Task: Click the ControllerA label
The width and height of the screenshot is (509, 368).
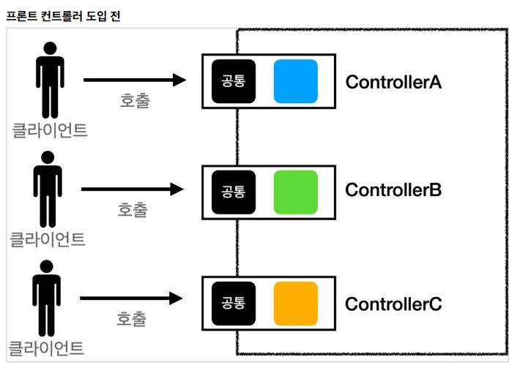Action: [393, 82]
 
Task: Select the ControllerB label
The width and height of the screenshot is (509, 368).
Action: [393, 190]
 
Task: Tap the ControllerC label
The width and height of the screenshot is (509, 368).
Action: [393, 304]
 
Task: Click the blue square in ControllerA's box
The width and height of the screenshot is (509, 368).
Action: [296, 81]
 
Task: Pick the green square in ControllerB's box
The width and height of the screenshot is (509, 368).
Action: [296, 192]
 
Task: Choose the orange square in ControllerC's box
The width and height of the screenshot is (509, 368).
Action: [296, 304]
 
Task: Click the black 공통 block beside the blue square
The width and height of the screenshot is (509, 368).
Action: [234, 81]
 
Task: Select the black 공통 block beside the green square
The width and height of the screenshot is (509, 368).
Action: [234, 192]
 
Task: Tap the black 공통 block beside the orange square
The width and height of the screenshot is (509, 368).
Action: [234, 304]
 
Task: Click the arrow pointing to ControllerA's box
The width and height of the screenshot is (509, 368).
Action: [135, 80]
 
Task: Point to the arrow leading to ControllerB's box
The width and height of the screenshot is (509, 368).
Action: [133, 189]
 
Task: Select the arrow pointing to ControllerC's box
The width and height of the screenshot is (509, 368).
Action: [132, 298]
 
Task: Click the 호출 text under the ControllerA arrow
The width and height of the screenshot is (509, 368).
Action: [135, 100]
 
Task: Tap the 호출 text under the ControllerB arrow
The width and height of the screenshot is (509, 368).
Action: [133, 210]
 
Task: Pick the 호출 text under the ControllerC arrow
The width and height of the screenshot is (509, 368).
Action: [132, 319]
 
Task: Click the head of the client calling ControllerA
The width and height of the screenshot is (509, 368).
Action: [51, 48]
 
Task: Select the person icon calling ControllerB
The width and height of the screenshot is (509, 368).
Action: [48, 189]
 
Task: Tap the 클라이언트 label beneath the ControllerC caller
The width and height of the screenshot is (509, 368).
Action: [45, 348]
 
